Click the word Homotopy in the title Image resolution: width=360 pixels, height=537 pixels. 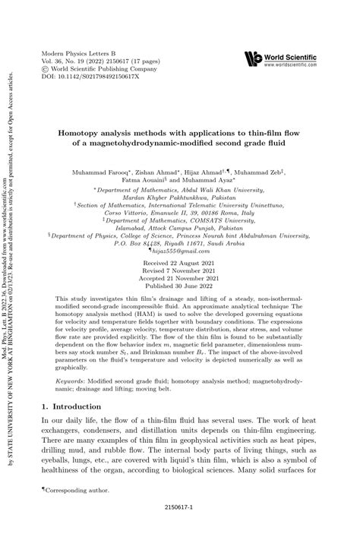tap(84, 131)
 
